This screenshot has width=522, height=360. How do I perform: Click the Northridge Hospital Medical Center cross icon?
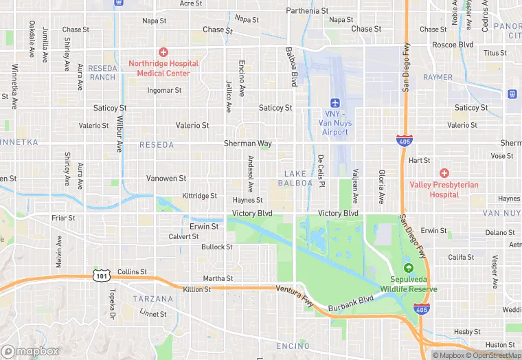(x=163, y=52)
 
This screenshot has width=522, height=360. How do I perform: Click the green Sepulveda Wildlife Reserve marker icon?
(x=409, y=268)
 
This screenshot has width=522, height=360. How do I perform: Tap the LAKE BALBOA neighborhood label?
(x=296, y=178)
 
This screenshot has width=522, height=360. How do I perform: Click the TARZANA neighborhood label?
(x=153, y=299)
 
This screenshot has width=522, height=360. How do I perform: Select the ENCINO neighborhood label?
(x=293, y=346)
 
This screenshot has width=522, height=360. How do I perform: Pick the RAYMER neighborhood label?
(x=438, y=78)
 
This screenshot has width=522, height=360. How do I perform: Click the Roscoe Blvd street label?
(x=453, y=45)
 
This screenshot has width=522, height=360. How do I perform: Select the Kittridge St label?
(x=199, y=196)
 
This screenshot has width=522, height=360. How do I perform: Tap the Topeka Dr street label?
(x=111, y=297)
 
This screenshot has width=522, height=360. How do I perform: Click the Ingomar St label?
(x=164, y=90)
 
